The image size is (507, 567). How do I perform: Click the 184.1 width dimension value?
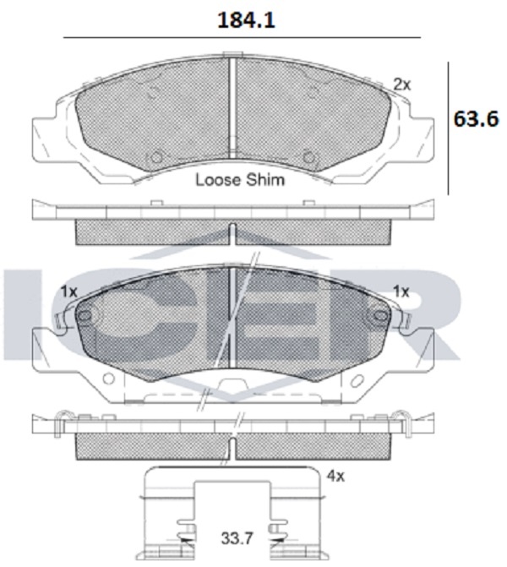click(246, 20)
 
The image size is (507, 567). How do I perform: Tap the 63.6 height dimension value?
click(476, 118)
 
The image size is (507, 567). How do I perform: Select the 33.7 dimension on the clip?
click(237, 538)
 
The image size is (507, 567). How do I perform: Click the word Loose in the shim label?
click(218, 180)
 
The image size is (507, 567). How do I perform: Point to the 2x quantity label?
click(402, 85)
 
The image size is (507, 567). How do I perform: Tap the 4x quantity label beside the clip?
click(335, 477)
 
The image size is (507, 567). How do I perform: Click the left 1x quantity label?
click(69, 291)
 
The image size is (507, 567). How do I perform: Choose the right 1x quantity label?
click(401, 291)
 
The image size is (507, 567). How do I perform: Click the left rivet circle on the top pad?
click(155, 158)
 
